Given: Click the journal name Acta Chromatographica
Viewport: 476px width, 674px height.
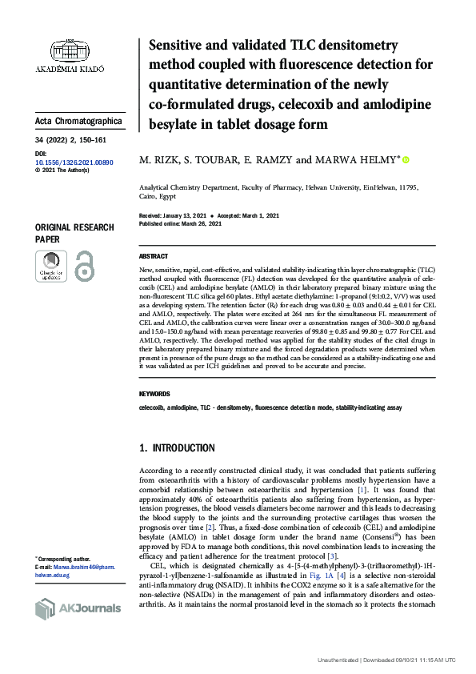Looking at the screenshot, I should (79, 121).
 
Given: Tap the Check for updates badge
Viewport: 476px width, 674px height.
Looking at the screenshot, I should (50, 266).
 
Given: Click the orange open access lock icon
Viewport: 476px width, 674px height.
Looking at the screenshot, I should (84, 266).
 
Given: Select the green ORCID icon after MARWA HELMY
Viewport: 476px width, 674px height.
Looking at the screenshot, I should (406, 160).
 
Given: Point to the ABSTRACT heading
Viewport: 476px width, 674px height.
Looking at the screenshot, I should (154, 256).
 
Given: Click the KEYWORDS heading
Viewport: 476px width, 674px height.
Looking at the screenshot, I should (154, 394).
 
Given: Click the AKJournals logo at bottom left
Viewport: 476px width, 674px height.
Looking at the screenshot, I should (78, 608).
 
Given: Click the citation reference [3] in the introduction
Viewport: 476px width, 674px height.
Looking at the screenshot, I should (334, 533).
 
